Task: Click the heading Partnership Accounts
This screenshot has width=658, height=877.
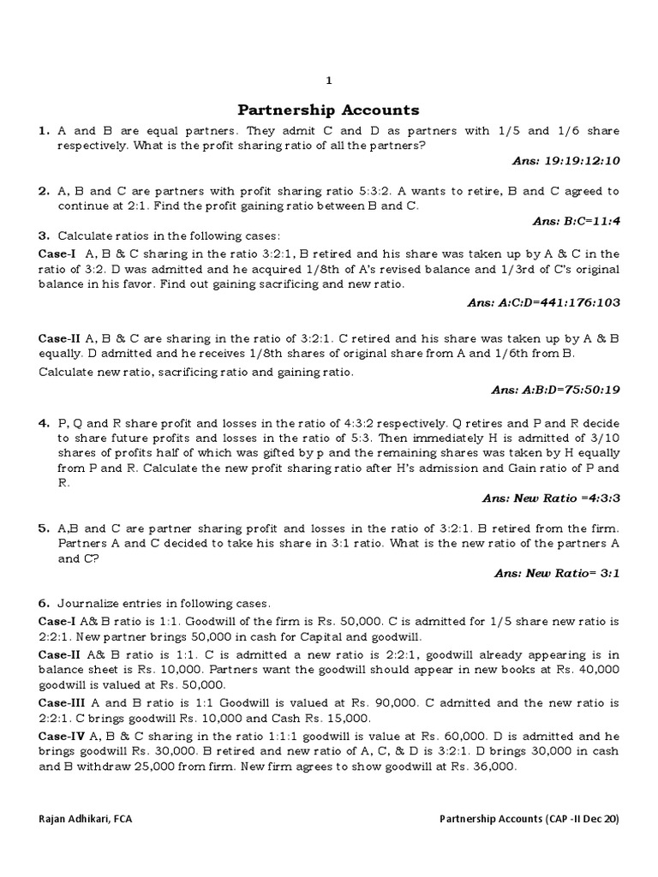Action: tap(328, 110)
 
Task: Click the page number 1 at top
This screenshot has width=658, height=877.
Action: tap(328, 80)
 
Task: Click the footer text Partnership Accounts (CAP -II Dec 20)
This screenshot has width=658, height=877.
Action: tap(529, 819)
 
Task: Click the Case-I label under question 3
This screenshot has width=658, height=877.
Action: tap(57, 254)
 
